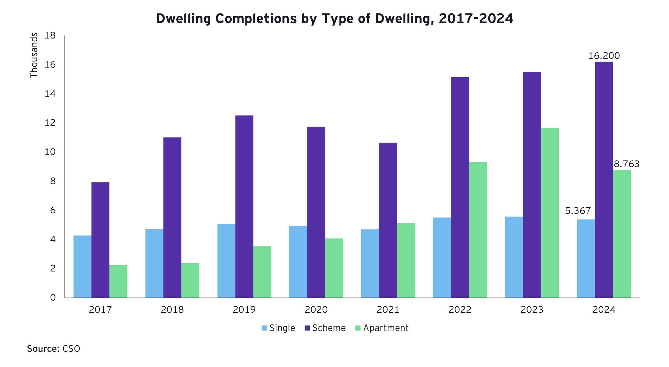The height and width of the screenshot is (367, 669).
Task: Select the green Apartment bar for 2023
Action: pyautogui.click(x=550, y=213)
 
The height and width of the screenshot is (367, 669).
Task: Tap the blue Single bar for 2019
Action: pyautogui.click(x=226, y=261)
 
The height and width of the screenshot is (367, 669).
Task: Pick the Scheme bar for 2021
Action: pyautogui.click(x=388, y=220)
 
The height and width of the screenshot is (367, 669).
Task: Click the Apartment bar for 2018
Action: pyautogui.click(x=190, y=280)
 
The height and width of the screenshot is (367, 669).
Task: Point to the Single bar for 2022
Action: pyautogui.click(x=442, y=257)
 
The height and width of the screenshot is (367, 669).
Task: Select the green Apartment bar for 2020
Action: pyautogui.click(x=334, y=268)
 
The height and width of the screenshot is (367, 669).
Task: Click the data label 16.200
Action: pyautogui.click(x=604, y=56)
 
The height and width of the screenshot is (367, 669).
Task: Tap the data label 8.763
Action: pyautogui.click(x=626, y=164)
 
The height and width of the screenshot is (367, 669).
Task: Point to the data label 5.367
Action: pyautogui.click(x=578, y=211)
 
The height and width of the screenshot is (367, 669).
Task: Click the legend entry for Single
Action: pyautogui.click(x=278, y=328)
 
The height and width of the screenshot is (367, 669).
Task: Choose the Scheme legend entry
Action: pyautogui.click(x=325, y=328)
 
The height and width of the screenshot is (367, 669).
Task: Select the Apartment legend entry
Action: pyautogui.click(x=382, y=328)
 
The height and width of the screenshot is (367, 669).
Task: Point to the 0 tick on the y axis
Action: pyautogui.click(x=53, y=298)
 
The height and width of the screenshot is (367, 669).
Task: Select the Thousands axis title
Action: pyautogui.click(x=34, y=55)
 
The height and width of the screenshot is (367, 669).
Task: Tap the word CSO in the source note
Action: pyautogui.click(x=71, y=349)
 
